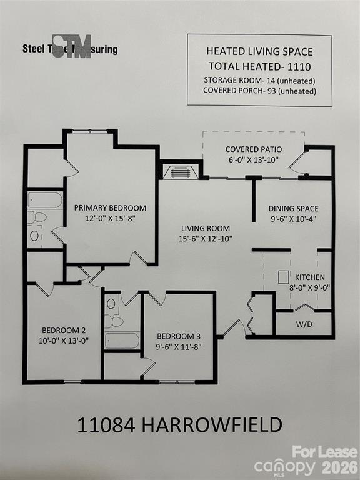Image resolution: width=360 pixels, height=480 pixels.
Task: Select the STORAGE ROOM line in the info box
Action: [259, 80]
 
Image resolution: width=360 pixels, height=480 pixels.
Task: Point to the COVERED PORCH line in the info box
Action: [259, 91]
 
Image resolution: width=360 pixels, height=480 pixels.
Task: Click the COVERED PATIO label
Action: [254, 149]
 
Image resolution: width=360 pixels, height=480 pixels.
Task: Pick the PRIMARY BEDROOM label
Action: [110, 208]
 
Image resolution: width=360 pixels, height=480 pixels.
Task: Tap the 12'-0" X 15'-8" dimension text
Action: [110, 219]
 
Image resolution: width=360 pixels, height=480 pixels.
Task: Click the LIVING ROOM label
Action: [206, 228]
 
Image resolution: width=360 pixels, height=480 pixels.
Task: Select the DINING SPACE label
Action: [294, 209]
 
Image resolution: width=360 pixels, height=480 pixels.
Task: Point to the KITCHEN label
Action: [309, 277]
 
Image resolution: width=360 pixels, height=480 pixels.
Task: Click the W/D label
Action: [304, 324]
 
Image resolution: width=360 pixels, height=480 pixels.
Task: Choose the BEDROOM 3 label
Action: [179, 335]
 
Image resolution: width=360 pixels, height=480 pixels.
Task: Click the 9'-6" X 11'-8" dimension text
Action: [179, 346]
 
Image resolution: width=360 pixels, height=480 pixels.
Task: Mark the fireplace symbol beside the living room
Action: [180, 172]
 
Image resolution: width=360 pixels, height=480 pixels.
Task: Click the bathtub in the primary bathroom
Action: [45, 200]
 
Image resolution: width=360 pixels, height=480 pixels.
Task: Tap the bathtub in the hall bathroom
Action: [122, 341]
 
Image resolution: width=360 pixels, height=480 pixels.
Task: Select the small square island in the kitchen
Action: [284, 277]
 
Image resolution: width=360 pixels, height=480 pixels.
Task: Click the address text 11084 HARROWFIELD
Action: [179, 426]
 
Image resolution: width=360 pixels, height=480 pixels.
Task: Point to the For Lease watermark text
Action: [325, 452]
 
